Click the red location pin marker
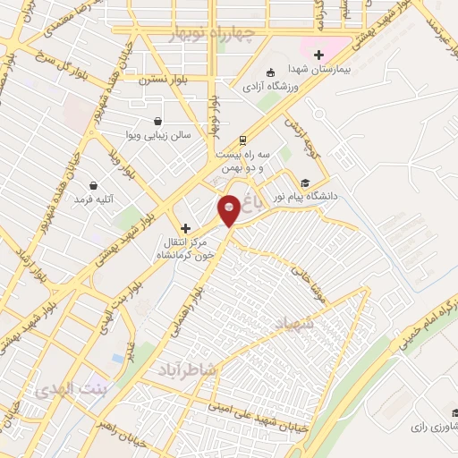click(230, 209)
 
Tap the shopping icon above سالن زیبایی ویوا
click(158, 122)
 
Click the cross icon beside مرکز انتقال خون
click(185, 228)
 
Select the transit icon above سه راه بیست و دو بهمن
click(242, 140)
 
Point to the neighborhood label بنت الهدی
click(69, 392)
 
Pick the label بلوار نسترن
click(159, 80)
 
